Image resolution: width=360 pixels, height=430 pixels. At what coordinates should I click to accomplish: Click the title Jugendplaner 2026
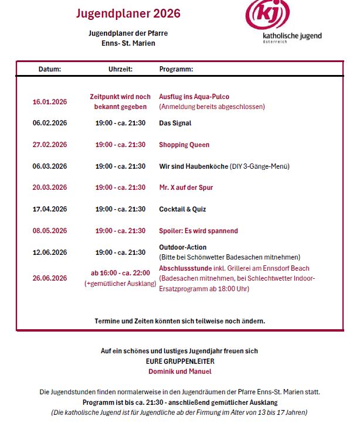pos(128,13)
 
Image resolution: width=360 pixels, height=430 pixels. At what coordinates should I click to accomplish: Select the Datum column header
pos(50,69)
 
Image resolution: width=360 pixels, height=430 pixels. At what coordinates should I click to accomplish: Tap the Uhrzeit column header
pos(120,69)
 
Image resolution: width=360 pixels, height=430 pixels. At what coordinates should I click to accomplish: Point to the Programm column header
pos(176,69)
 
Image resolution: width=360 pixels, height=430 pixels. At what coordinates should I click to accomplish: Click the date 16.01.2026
pos(50,101)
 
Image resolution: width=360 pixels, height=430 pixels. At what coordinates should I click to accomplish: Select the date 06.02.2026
pos(50,123)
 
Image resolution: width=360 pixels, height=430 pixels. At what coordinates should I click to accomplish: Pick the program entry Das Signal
pos(175,123)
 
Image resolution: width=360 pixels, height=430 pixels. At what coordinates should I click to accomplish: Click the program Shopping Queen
pos(184,145)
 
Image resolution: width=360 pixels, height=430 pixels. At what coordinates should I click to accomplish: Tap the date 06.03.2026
pos(50,166)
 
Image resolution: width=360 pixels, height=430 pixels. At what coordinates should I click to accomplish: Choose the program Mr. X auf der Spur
pos(186,187)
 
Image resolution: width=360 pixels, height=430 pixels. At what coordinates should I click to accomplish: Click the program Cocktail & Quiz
pos(182,209)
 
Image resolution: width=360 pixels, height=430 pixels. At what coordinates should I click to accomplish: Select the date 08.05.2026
pos(50,231)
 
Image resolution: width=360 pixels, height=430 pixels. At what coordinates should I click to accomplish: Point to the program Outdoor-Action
pos(183,247)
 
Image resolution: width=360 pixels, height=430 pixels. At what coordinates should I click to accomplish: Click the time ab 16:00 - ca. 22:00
pos(120,273)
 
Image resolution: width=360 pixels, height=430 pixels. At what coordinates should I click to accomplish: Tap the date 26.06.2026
pos(50,278)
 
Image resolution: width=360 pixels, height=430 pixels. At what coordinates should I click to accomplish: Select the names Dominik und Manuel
pos(179,371)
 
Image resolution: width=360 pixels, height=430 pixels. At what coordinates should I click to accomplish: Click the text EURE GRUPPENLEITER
pos(179,361)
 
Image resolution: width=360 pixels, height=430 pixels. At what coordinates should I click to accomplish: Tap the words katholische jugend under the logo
pos(292,36)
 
